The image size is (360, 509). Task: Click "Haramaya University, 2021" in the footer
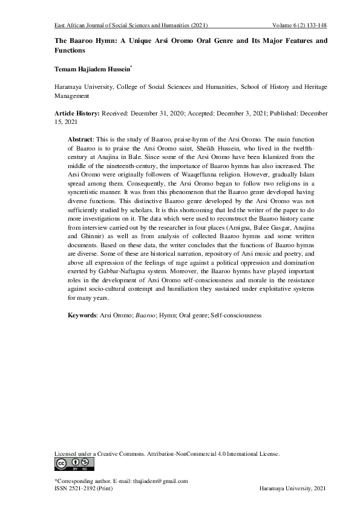(292, 488)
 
